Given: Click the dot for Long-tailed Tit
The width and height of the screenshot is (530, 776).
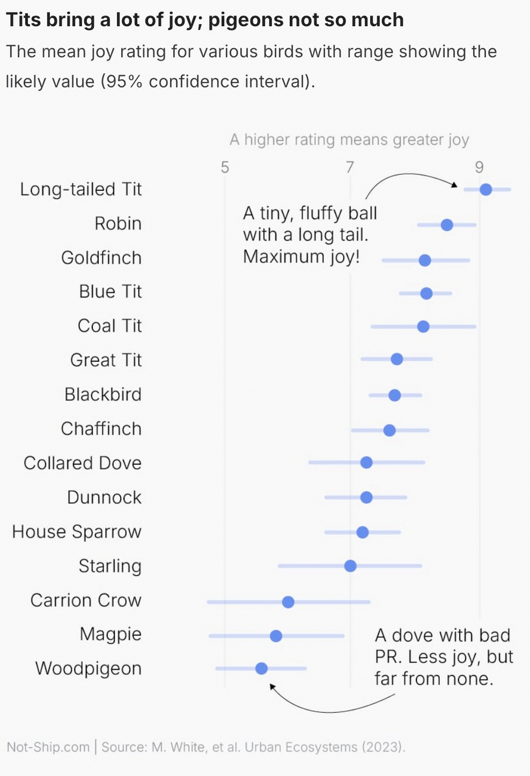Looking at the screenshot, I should [x=485, y=189].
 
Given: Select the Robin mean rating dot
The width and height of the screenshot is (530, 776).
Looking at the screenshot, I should [x=447, y=225].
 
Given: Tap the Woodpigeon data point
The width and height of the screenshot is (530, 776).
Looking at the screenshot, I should [x=261, y=668].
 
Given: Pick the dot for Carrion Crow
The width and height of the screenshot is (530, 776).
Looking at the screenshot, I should [x=288, y=602].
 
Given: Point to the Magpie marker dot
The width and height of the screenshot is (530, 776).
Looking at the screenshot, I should [x=276, y=636].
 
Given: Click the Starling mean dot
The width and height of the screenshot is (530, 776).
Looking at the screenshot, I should [x=350, y=566].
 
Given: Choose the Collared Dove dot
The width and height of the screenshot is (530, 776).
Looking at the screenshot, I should [x=366, y=462].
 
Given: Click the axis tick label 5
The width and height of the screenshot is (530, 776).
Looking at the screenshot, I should [x=225, y=167].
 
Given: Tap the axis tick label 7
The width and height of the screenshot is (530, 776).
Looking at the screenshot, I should [x=350, y=167].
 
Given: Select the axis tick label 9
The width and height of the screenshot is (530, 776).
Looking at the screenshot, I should [x=479, y=167].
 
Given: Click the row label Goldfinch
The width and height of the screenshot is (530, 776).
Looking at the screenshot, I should [x=101, y=258].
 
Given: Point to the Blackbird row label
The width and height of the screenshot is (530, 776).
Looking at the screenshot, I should [x=103, y=394].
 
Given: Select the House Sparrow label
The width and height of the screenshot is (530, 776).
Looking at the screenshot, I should [x=77, y=532].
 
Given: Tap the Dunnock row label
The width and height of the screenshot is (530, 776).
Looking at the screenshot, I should [x=104, y=497].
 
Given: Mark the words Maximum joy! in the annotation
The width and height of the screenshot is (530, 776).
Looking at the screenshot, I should [x=301, y=257].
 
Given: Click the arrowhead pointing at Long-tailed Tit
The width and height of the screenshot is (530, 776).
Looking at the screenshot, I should [x=455, y=185].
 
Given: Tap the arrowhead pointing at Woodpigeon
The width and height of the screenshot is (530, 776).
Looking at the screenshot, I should [x=272, y=687].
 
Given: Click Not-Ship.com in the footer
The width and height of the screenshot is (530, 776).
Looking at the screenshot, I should [x=48, y=747].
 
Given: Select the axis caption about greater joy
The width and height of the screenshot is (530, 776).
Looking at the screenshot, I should [x=349, y=140].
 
